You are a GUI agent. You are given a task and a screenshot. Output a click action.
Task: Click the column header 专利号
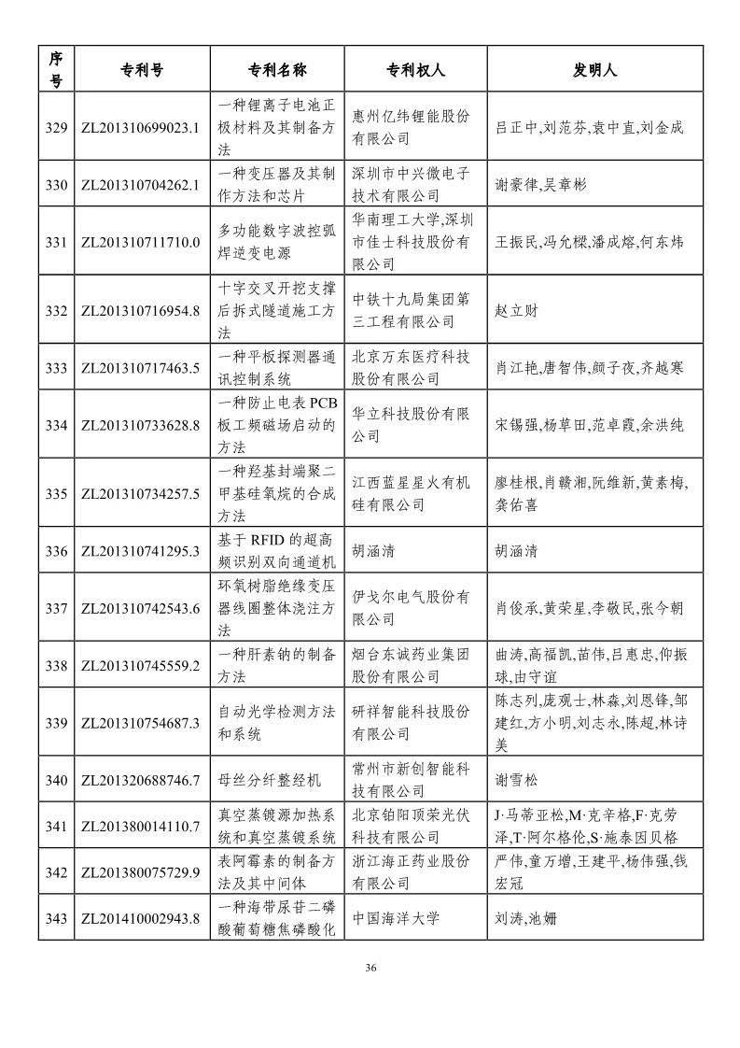point(142,70)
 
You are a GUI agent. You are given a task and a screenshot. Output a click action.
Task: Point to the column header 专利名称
point(277,70)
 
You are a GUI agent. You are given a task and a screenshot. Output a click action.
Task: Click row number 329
point(56,127)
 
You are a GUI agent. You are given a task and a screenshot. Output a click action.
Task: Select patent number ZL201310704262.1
point(142,185)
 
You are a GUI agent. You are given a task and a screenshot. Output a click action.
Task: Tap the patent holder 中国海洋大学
point(396,918)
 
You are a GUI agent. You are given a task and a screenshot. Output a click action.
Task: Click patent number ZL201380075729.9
point(142,872)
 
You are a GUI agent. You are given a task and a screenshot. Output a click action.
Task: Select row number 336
point(56,551)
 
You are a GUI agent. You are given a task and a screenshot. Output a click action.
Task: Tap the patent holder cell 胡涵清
point(373,551)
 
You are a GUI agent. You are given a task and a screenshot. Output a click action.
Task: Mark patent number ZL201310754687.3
point(142,722)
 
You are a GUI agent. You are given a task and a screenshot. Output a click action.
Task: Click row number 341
point(56,826)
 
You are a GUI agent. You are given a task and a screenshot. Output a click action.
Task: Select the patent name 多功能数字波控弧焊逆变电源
point(277,242)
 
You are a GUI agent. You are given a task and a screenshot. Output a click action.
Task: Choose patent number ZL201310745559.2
point(142,665)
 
